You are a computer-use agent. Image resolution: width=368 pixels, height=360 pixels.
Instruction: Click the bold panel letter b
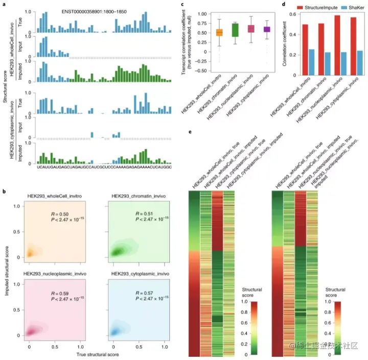pos(4,191)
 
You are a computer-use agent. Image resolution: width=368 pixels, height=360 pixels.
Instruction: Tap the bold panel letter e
pos(190,131)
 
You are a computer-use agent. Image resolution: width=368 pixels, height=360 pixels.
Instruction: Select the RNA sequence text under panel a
pos(105,166)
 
